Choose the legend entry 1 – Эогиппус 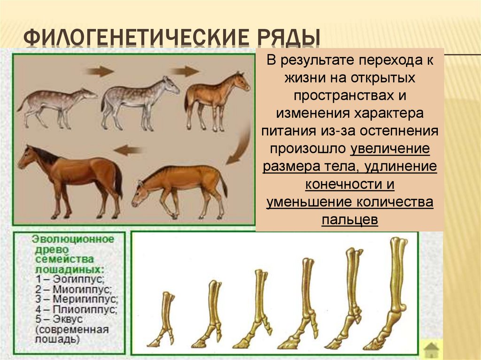click(x=68, y=279)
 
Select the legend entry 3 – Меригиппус click(x=75, y=299)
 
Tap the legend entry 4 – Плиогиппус click(x=75, y=309)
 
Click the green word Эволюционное click(x=72, y=239)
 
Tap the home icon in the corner click(x=431, y=350)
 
